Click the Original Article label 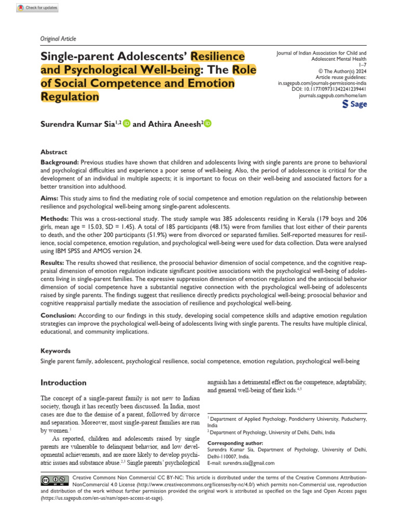[x=58, y=38]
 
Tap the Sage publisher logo [x=354, y=104]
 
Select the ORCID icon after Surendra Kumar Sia [x=127, y=124]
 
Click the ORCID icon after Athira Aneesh [x=208, y=124]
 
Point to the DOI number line [x=329, y=89]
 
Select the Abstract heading [x=54, y=152]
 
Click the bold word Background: [x=60, y=163]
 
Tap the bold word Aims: [x=50, y=199]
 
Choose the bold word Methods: [x=55, y=220]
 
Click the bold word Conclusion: [x=59, y=316]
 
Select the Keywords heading [x=56, y=351]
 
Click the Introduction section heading [x=63, y=383]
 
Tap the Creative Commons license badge [x=54, y=480]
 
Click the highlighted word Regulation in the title [x=70, y=97]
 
